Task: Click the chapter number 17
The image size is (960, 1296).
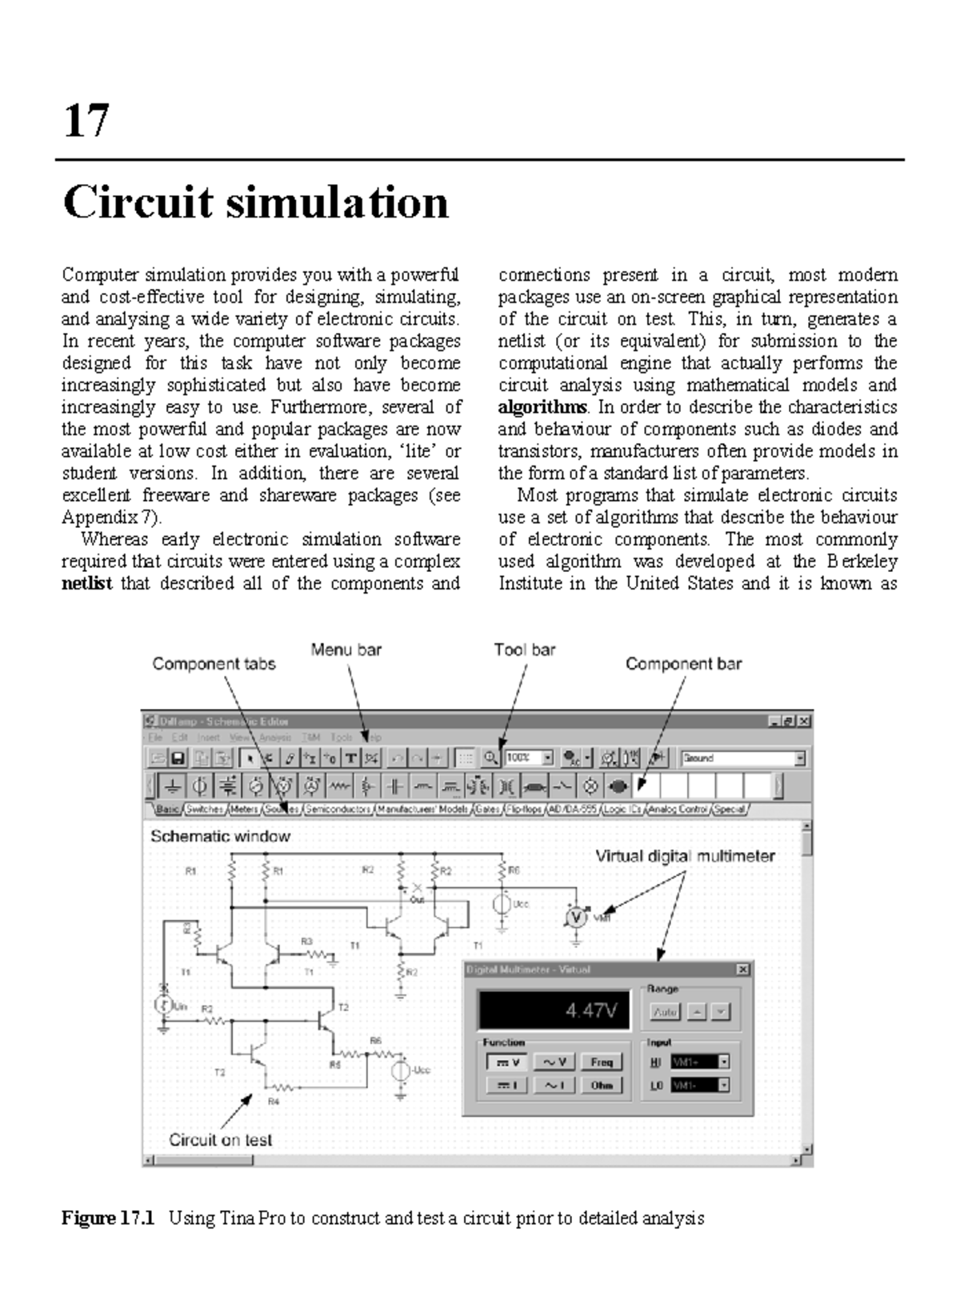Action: click(86, 121)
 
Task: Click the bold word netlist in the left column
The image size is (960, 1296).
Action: click(86, 583)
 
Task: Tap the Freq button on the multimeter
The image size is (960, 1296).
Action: click(601, 1062)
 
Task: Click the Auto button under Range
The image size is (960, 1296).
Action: click(665, 1012)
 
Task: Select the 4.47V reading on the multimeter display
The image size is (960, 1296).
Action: click(591, 1010)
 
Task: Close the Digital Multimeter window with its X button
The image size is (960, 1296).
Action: click(742, 970)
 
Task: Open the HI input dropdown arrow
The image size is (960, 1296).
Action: click(724, 1062)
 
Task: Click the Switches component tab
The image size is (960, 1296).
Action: click(205, 810)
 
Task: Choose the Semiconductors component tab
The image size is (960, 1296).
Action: click(338, 810)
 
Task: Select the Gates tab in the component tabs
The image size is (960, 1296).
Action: click(487, 810)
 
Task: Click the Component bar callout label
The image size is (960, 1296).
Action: click(683, 664)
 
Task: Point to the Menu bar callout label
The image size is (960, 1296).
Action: click(346, 650)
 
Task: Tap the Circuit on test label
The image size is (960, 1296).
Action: click(220, 1140)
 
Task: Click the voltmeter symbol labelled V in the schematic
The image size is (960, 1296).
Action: click(576, 917)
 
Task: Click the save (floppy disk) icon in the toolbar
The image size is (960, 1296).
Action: click(178, 758)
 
